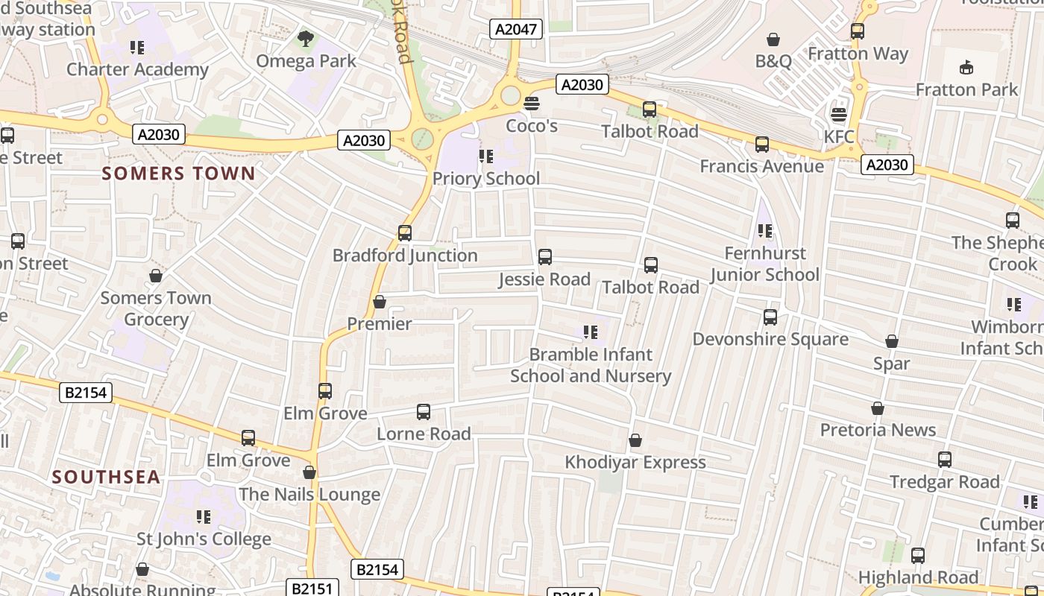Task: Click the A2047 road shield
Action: click(x=515, y=29)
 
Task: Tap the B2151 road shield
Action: click(x=312, y=588)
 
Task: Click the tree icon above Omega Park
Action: click(x=305, y=39)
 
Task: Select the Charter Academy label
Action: click(x=137, y=69)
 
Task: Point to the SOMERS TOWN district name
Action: click(x=178, y=174)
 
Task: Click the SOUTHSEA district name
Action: click(x=106, y=477)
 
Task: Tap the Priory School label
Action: click(x=486, y=179)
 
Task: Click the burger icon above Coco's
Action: click(x=532, y=104)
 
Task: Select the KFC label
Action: click(x=839, y=137)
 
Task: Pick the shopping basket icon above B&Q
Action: click(x=773, y=39)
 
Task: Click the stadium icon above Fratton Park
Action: click(x=966, y=67)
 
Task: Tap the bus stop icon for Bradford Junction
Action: click(x=405, y=233)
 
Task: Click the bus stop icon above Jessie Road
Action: click(x=545, y=257)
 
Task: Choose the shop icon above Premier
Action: click(x=379, y=302)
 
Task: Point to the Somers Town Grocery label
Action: click(x=156, y=308)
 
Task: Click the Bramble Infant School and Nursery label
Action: click(x=591, y=365)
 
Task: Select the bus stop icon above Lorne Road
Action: click(x=424, y=412)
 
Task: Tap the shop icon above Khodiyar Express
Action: click(x=635, y=440)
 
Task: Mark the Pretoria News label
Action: click(x=878, y=430)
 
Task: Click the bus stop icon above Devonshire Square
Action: click(x=770, y=317)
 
